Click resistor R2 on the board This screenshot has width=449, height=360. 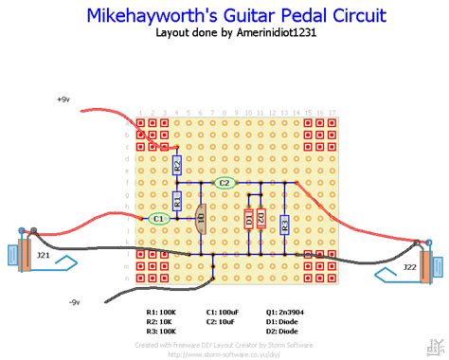coord(176,165)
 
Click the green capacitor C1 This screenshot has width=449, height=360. coord(158,218)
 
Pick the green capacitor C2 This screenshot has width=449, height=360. coord(224,183)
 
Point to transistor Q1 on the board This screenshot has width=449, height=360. coord(200,220)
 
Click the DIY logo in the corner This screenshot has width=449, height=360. coord(435,346)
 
